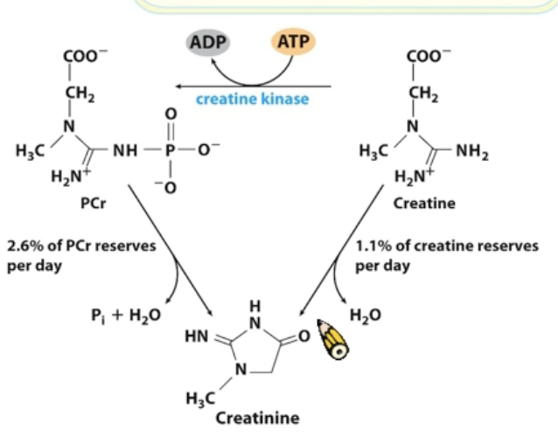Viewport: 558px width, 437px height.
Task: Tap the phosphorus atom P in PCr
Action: pyautogui.click(x=171, y=150)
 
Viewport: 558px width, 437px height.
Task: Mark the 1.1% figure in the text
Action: pyautogui.click(x=372, y=246)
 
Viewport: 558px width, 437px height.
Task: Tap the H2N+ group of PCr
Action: pyautogui.click(x=66, y=179)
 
